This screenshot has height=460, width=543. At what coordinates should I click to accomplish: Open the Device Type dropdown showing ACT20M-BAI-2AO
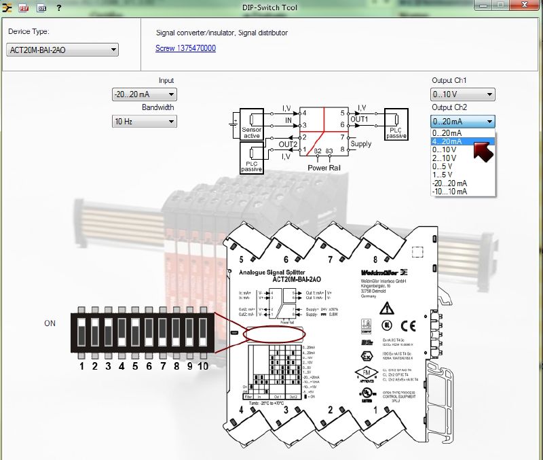click(62, 50)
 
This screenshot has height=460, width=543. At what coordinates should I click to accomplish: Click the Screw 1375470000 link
click(185, 48)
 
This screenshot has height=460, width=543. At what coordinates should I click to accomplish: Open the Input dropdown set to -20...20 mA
click(144, 95)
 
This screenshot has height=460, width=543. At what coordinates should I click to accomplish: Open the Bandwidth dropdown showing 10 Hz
click(144, 122)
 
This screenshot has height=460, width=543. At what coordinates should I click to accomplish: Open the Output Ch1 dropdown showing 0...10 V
click(462, 94)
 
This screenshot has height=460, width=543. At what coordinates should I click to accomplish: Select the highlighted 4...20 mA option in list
click(447, 141)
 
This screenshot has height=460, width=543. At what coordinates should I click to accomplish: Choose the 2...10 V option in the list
click(445, 158)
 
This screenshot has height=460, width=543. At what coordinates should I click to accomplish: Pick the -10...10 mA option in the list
click(449, 192)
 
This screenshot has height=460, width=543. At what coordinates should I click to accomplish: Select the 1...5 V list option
click(443, 175)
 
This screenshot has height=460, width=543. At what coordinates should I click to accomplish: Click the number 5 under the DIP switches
click(135, 367)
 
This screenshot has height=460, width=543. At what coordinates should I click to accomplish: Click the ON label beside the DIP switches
click(50, 323)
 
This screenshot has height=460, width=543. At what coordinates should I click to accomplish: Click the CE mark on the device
click(409, 325)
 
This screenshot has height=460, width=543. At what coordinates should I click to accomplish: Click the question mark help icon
click(59, 7)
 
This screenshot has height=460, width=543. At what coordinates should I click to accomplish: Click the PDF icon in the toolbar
click(24, 7)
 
